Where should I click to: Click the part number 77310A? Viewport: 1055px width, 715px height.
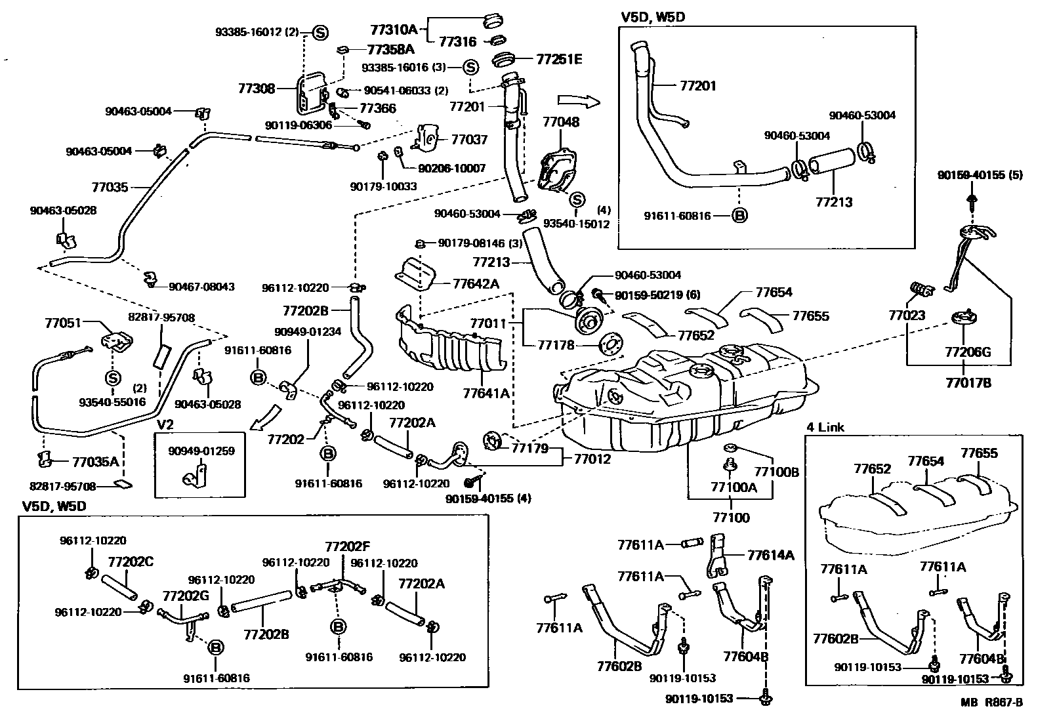point(394,30)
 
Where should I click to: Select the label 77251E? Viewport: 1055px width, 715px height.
point(559,59)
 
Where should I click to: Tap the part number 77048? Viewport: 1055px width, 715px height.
point(561,122)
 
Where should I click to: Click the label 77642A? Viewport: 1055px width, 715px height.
point(476,283)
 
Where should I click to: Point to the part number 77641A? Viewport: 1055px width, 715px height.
point(486,394)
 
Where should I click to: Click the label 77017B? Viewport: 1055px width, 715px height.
point(968,382)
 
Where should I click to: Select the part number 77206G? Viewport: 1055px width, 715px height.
point(968,352)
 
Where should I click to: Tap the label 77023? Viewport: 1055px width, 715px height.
point(907,316)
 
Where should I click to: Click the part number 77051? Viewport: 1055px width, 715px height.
point(62,323)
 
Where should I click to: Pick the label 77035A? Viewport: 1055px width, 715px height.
point(95,461)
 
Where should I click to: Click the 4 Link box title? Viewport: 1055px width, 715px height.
point(825,427)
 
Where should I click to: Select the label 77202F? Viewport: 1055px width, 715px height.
point(348,546)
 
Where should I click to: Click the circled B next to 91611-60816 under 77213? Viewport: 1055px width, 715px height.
point(739,215)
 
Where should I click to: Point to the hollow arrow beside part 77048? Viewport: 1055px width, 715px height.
point(578,101)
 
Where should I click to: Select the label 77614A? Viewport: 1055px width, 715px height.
point(770,555)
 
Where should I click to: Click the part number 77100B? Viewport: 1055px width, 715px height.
point(776,472)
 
